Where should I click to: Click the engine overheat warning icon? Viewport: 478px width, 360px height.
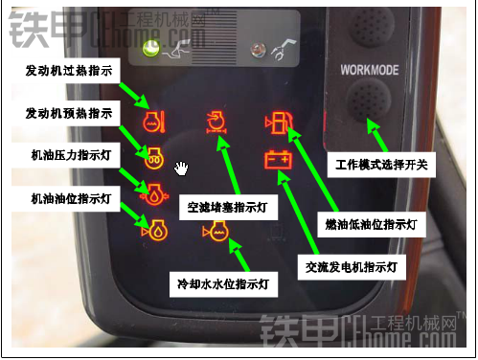pyautogui.click(x=153, y=122)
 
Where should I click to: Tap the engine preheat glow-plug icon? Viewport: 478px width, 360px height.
pyautogui.click(x=154, y=158)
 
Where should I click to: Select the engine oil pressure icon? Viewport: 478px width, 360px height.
pyautogui.click(x=154, y=194)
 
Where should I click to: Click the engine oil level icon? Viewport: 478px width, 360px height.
pyautogui.click(x=154, y=230)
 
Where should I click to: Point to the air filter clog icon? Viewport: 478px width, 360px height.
pyautogui.click(x=216, y=123)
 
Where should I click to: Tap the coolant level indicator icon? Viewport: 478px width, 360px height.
pyautogui.click(x=216, y=231)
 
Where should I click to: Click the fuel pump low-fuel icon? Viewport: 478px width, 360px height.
pyautogui.click(x=279, y=123)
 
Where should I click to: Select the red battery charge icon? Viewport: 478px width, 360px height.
pyautogui.click(x=278, y=159)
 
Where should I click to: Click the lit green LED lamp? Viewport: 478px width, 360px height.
pyautogui.click(x=150, y=49)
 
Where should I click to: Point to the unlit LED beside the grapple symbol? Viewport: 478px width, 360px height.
pyautogui.click(x=259, y=50)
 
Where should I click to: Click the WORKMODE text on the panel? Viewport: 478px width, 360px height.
pyautogui.click(x=370, y=70)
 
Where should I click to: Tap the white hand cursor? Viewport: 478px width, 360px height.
pyautogui.click(x=181, y=169)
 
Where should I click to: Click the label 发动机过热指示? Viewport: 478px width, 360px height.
pyautogui.click(x=69, y=71)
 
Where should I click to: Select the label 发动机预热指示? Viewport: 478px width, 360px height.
pyautogui.click(x=69, y=113)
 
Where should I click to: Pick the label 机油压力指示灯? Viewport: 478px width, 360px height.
pyautogui.click(x=71, y=155)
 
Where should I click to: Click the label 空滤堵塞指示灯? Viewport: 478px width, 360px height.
pyautogui.click(x=227, y=208)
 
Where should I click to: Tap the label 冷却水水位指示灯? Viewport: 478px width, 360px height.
pyautogui.click(x=223, y=283)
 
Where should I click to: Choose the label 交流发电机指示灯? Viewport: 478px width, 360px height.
pyautogui.click(x=352, y=267)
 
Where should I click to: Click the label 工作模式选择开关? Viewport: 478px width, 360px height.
pyautogui.click(x=381, y=165)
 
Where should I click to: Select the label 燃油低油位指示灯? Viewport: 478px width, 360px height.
pyautogui.click(x=372, y=224)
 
